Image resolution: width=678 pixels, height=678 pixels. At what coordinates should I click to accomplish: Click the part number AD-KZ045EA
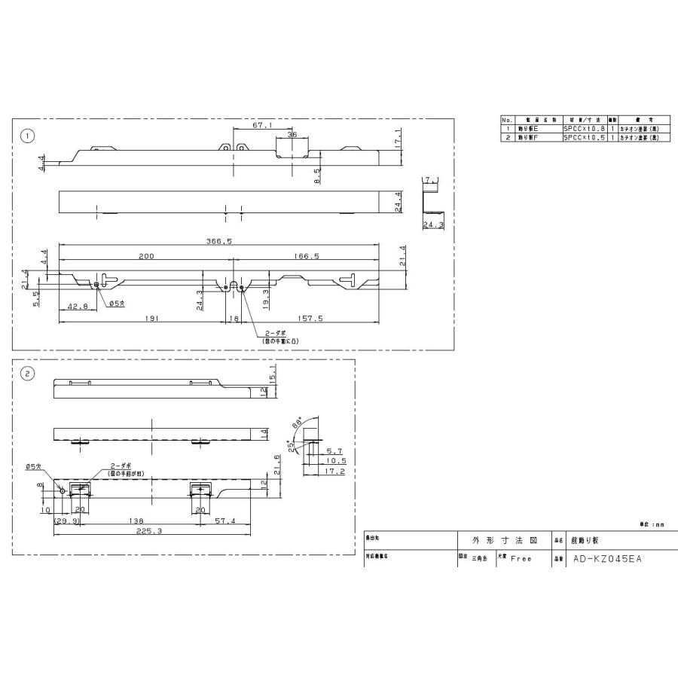[x=607, y=559]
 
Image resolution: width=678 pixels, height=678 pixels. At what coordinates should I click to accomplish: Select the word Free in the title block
[x=521, y=559]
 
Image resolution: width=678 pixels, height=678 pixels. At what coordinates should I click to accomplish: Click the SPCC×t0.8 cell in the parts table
[x=585, y=130]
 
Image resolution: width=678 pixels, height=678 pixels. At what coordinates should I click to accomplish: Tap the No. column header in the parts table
[x=507, y=121]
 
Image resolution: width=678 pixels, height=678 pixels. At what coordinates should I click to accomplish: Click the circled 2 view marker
[x=27, y=374]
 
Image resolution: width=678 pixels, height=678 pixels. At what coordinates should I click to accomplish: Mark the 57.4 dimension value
[x=224, y=520]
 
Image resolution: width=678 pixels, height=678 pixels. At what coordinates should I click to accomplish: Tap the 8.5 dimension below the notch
[x=318, y=175]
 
